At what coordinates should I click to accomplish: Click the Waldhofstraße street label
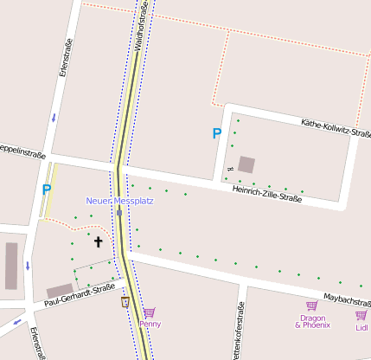[143, 27]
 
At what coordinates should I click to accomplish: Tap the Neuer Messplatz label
[119, 201]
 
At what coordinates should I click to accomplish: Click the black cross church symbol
[98, 242]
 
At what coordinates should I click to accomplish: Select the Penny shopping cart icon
[149, 312]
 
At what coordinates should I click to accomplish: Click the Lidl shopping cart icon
[361, 315]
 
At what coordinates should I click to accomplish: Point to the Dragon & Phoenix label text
[312, 321]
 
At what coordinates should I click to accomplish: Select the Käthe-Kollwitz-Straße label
[336, 129]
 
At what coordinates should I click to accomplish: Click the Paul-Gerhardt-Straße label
[79, 295]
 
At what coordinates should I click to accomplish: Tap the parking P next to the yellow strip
[47, 189]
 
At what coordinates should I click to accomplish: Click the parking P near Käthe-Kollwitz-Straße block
[217, 133]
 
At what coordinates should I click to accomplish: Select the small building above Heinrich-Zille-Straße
[247, 164]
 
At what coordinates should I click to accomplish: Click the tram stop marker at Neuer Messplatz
[119, 212]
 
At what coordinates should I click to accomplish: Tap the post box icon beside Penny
[125, 302]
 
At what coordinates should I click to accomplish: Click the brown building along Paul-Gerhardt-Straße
[60, 290]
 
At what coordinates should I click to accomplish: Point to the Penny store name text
[150, 325]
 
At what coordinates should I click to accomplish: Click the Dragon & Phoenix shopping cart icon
[312, 305]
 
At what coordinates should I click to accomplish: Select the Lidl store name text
[362, 327]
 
